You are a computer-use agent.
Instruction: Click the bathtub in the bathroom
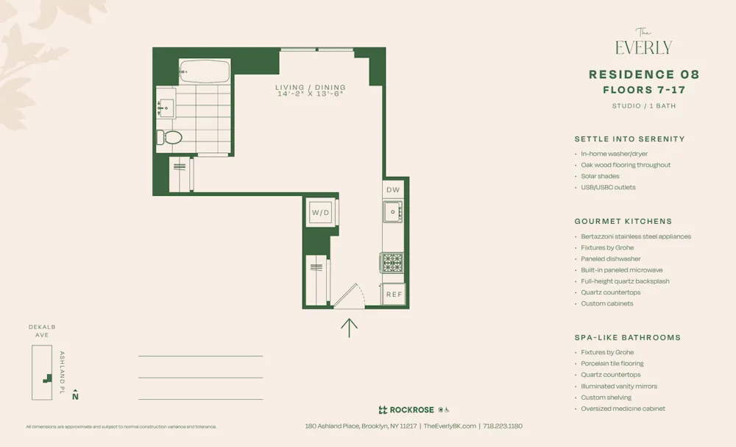pos(205,72)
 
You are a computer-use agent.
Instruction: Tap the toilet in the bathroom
pos(170,137)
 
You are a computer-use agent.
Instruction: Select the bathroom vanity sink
pos(165,108)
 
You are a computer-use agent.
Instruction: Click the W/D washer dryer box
pos(321,213)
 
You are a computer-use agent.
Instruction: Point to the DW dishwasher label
pos(393,190)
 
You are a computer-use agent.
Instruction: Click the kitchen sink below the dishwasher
pos(393,212)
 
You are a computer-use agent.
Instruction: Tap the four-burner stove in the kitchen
pos(392,263)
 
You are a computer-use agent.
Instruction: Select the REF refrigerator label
pos(394,295)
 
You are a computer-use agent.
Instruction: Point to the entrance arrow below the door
pos(349,327)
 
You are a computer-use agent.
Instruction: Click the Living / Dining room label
pos(310,88)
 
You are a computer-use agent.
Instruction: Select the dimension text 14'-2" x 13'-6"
pos(310,94)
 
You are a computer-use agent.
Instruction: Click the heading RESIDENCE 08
pos(643,74)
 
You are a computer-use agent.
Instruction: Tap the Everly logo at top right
pos(643,43)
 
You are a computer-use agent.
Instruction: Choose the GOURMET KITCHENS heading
pos(623,221)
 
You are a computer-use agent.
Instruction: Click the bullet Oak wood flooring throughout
pos(626,165)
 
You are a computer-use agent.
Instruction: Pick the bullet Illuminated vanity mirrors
pos(619,386)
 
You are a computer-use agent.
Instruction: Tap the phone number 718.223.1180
pos(503,426)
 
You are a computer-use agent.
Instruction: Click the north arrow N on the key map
pos(75,396)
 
